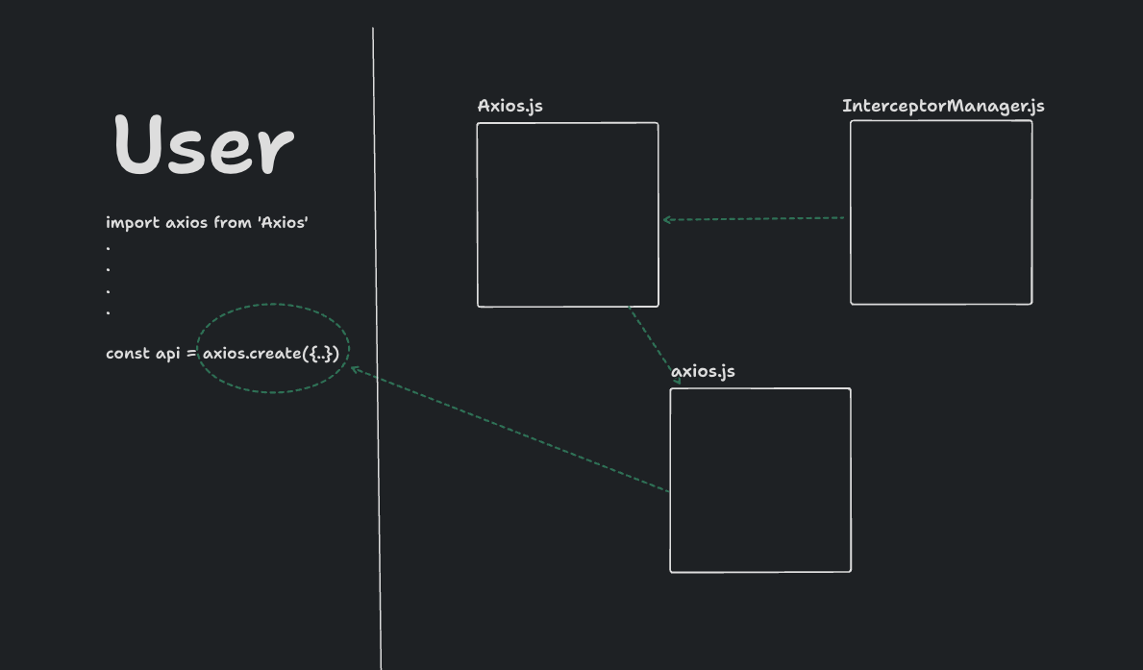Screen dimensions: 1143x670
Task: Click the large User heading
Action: pyautogui.click(x=203, y=145)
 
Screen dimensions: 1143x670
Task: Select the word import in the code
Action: pyautogui.click(x=133, y=223)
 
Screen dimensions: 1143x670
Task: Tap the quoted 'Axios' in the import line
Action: pyautogui.click(x=283, y=223)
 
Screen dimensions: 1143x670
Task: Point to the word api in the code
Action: pyautogui.click(x=168, y=354)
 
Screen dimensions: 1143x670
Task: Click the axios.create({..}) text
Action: pyautogui.click(x=271, y=354)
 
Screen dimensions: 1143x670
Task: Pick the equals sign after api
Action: pyautogui.click(x=191, y=354)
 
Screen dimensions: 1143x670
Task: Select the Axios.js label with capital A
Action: pyautogui.click(x=509, y=106)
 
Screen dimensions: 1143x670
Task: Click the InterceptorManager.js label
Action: pyautogui.click(x=943, y=106)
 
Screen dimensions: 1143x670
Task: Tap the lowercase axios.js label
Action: pyautogui.click(x=703, y=372)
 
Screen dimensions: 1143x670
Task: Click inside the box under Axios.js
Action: pyautogui.click(x=567, y=214)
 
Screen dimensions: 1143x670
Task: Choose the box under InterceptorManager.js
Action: pyautogui.click(x=941, y=212)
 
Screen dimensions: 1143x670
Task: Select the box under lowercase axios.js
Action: pyautogui.click(x=760, y=480)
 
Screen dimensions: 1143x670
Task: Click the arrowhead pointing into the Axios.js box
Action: pyautogui.click(x=666, y=220)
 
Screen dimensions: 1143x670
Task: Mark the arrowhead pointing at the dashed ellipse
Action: pyautogui.click(x=354, y=369)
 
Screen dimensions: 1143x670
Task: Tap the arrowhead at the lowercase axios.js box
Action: pyautogui.click(x=677, y=382)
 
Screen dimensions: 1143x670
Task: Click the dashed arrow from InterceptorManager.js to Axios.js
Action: pyautogui.click(x=755, y=218)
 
